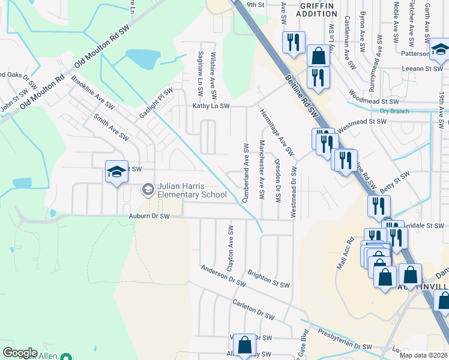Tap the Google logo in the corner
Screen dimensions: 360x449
20,352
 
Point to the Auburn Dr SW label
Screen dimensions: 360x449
145,216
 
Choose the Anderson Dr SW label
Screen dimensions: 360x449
223,275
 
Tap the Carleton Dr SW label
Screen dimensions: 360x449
253,308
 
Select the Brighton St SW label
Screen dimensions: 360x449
268,277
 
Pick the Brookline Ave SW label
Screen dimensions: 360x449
92,92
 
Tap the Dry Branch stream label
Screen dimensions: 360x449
393,111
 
